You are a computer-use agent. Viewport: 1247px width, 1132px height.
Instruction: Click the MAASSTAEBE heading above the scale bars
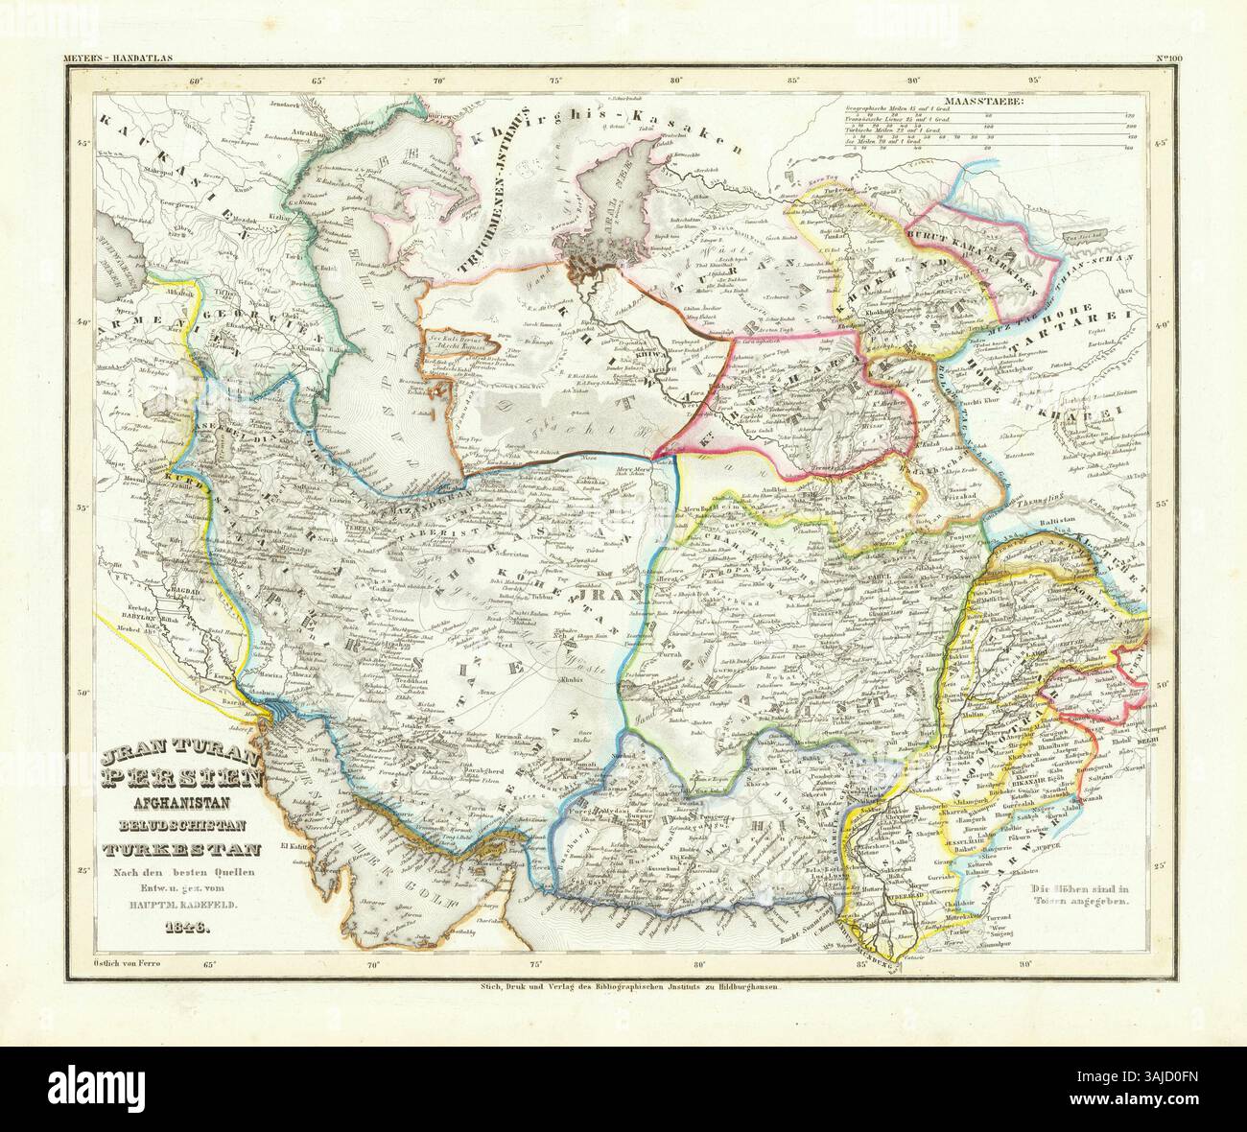[x=982, y=100]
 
